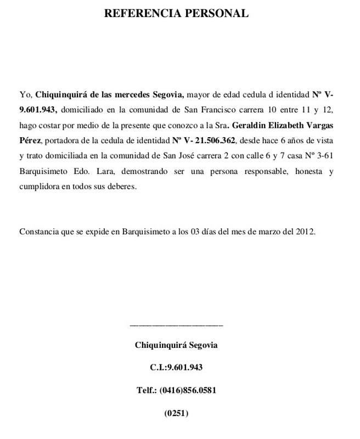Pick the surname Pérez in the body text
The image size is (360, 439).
pos(30,140)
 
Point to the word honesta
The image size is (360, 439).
pos(305,171)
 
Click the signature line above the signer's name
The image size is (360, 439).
pos(176,326)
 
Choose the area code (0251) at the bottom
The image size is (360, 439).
pos(176,413)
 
